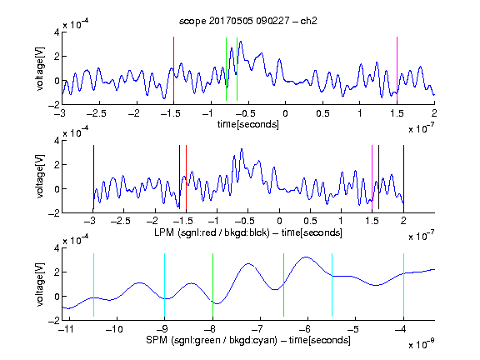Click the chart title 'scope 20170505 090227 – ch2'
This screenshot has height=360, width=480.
click(248, 21)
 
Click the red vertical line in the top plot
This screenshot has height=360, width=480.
click(173, 69)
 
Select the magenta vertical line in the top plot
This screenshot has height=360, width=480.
click(397, 69)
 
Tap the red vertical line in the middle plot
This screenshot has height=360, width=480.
click(186, 177)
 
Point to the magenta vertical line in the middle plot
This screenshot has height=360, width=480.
click(372, 177)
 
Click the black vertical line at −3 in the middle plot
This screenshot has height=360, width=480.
click(93, 177)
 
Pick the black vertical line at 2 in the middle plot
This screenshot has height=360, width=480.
click(403, 177)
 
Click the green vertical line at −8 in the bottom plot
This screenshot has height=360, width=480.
click(212, 285)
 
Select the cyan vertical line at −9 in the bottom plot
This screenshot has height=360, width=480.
click(165, 285)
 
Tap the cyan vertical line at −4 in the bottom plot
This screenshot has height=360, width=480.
click(403, 285)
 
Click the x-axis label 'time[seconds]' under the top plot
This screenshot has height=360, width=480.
click(248, 124)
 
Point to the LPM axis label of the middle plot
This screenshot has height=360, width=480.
click(248, 232)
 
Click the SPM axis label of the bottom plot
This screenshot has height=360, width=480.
click(248, 340)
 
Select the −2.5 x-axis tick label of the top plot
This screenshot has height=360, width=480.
click(96, 113)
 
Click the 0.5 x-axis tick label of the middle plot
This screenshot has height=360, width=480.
click(310, 221)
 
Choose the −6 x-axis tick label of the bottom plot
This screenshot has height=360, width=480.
click(305, 329)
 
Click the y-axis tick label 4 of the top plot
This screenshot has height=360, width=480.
click(57, 32)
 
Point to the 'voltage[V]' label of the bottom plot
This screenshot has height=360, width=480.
click(40, 285)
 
